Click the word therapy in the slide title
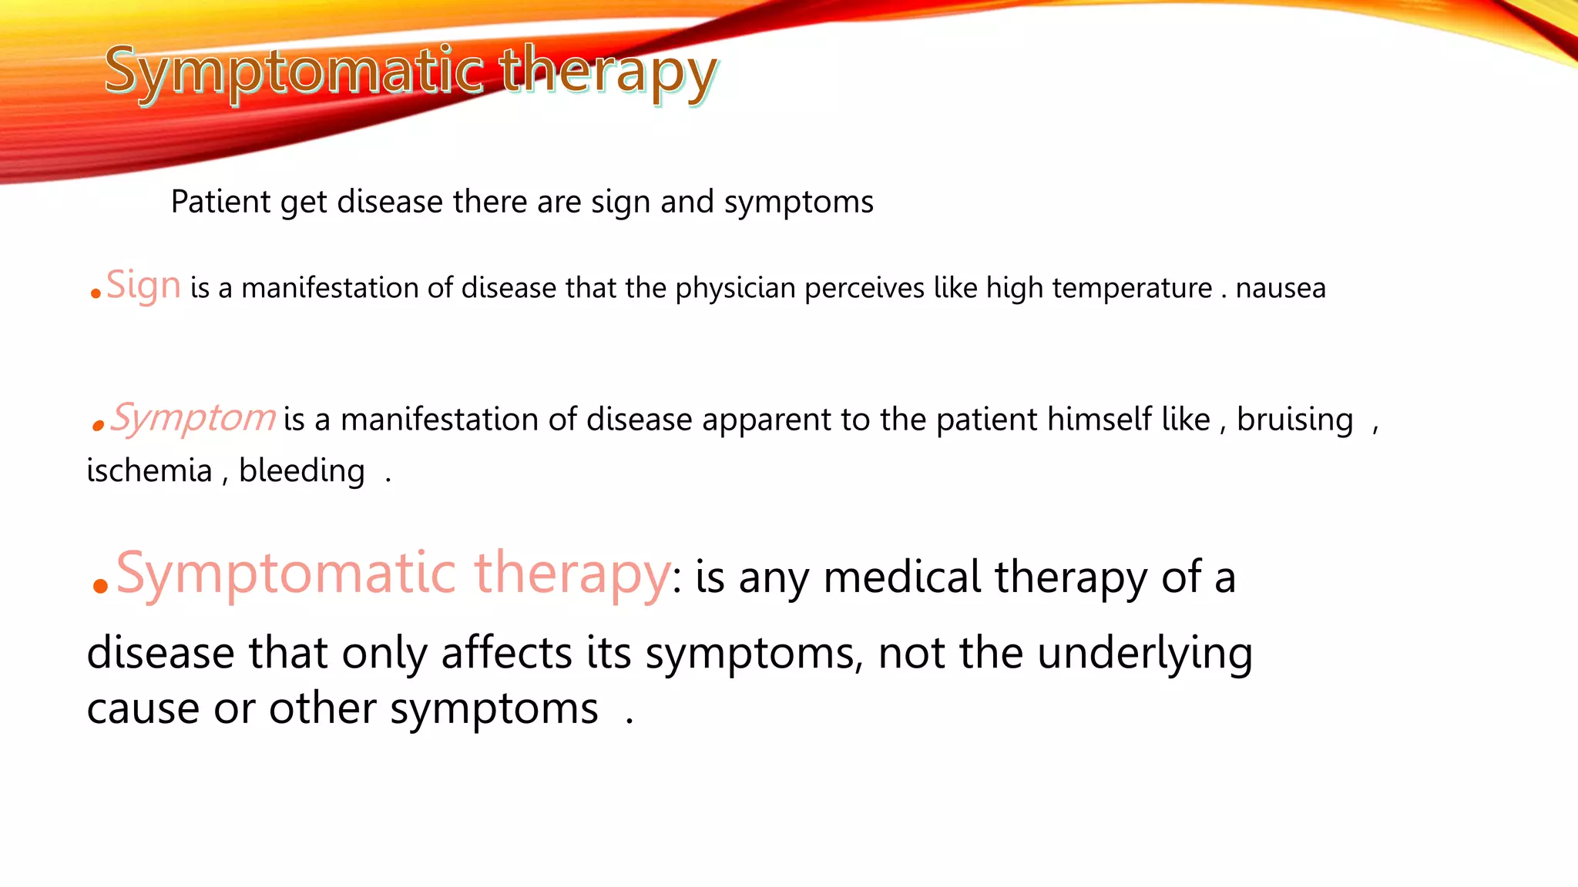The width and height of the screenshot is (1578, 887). pos(609,71)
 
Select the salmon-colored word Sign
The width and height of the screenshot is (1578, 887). pos(143,286)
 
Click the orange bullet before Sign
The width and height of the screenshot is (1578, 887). pos(96,293)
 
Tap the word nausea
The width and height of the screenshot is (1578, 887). pos(1281,289)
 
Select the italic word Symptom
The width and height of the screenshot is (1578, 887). pos(193,418)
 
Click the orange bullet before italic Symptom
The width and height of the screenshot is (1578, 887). pos(97,425)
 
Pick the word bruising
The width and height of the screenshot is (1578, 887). pos(1294,420)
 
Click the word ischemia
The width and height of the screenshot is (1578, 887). pos(149,471)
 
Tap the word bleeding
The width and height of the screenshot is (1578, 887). pos(301,471)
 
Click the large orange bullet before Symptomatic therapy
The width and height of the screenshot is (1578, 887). pos(99,587)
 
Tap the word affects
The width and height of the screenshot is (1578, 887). pos(506,653)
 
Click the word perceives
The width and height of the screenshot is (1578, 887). pos(864,289)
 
